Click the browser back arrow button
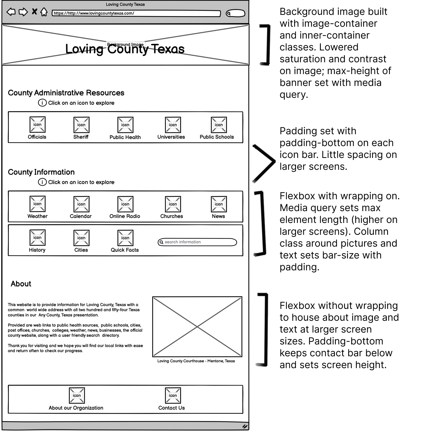point(11,12)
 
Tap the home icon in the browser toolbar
point(44,12)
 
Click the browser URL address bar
point(136,13)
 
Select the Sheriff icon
point(81,125)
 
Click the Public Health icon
point(125,125)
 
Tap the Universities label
point(171,137)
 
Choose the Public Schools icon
point(219,125)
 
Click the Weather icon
point(37,204)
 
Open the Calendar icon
point(81,204)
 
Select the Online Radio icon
point(125,204)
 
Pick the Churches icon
point(173,204)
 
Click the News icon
point(219,204)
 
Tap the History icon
point(37,238)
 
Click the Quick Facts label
point(125,250)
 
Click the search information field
point(198,242)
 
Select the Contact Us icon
point(173,395)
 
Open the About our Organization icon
point(77,395)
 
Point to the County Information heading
point(41,172)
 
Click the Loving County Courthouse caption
point(196,361)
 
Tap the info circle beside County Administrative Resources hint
point(42,103)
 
